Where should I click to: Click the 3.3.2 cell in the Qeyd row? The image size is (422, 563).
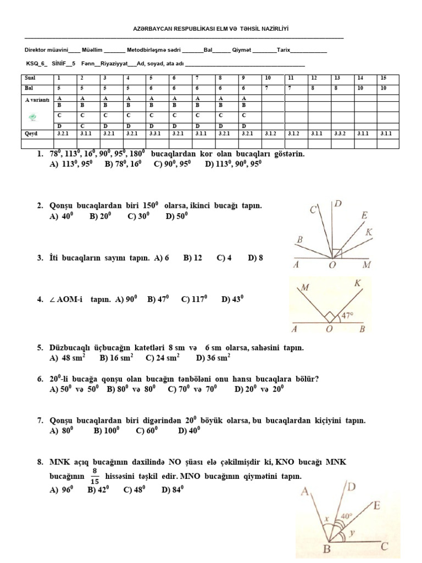pyautogui.click(x=341, y=133)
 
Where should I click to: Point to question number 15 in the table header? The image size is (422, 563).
pyautogui.click(x=383, y=78)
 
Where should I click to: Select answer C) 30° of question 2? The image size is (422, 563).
pyautogui.click(x=138, y=217)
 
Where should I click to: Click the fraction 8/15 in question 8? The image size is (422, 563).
pyautogui.click(x=95, y=476)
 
